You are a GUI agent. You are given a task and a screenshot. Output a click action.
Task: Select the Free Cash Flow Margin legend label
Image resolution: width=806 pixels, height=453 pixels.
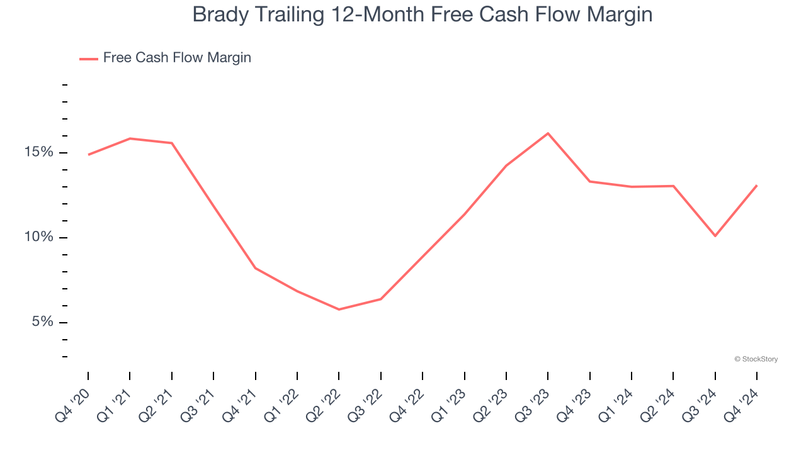point(177,58)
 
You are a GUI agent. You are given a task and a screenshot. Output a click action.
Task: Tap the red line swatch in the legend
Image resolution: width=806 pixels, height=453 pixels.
point(88,59)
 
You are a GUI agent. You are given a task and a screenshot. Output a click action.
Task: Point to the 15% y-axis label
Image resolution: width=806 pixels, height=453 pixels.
point(39,152)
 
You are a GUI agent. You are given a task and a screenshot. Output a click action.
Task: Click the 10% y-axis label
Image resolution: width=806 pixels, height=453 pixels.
point(39,237)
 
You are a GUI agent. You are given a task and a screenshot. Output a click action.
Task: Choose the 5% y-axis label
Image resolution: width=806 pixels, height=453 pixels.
point(42,322)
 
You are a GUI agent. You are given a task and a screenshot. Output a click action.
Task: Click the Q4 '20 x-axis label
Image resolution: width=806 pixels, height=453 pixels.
point(72,403)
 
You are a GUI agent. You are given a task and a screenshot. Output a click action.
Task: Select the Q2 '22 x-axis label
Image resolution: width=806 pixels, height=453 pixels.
point(323,403)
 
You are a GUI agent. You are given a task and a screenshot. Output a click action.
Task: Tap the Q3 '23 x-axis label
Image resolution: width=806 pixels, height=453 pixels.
point(532,403)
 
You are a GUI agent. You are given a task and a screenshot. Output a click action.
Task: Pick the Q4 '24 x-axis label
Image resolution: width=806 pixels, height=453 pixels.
point(741,403)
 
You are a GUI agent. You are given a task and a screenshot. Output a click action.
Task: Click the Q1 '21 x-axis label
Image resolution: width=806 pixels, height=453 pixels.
point(114,403)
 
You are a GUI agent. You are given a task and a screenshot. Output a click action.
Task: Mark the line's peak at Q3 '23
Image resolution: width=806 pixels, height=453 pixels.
point(548,133)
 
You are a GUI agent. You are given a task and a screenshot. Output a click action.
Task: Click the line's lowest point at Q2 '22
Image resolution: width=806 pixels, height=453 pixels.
point(339,310)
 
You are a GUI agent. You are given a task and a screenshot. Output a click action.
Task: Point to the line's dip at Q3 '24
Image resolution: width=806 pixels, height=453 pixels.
point(715,236)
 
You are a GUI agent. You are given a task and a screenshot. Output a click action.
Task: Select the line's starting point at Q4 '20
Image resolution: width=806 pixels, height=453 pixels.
point(88,154)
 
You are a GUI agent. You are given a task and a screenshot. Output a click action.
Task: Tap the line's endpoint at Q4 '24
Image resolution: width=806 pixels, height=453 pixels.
point(757,186)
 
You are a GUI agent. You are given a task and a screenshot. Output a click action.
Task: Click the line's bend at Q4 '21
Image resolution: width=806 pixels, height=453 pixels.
point(255,268)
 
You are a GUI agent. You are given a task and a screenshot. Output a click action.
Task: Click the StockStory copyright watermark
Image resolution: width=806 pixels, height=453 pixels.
point(756,359)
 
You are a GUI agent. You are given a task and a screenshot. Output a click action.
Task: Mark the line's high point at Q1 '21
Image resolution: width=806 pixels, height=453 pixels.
point(130,138)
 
